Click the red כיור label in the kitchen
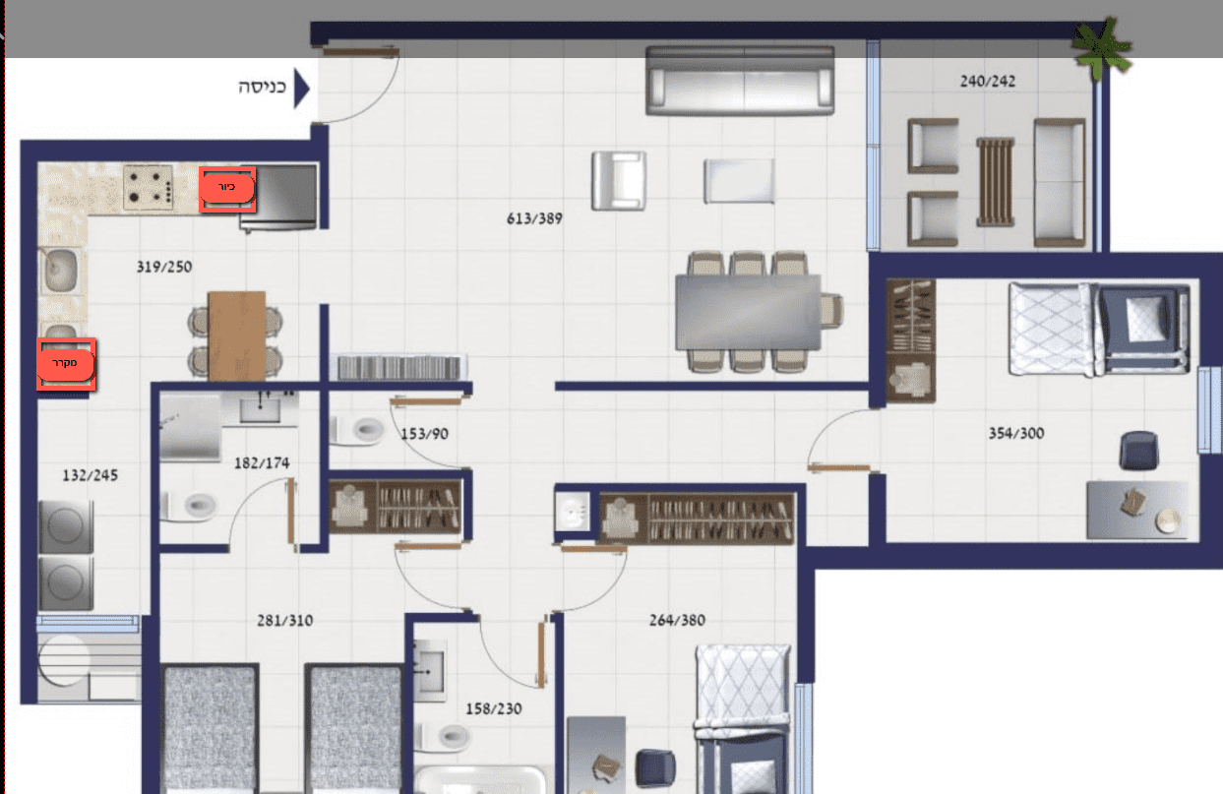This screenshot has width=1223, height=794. coord(227,188)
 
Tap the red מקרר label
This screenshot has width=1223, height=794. coord(66,364)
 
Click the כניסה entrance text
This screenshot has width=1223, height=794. coord(262,87)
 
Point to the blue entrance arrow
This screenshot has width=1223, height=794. coord(302,88)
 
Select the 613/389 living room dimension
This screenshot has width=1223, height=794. coord(534,219)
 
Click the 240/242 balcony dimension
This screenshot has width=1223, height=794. coord(988,82)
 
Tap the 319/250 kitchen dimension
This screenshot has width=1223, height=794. coord(164,267)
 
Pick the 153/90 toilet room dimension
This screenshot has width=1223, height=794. coord(425,434)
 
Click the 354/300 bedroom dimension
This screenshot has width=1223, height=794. coord(1016,434)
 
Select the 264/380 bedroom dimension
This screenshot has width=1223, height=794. coord(677,621)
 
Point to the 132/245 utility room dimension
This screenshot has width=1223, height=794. coord(91,475)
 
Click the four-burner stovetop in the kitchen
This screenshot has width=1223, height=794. coord(149,188)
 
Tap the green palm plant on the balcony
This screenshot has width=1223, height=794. coord(1101,48)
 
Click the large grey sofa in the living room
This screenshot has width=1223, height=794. coord(740,81)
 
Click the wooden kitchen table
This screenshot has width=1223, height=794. coord(236,336)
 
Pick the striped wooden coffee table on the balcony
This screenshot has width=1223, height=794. coord(996,182)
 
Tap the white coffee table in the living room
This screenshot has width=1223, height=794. coord(739,181)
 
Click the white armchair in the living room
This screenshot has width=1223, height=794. coord(619,181)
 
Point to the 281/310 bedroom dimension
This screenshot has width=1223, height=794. coord(285,621)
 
